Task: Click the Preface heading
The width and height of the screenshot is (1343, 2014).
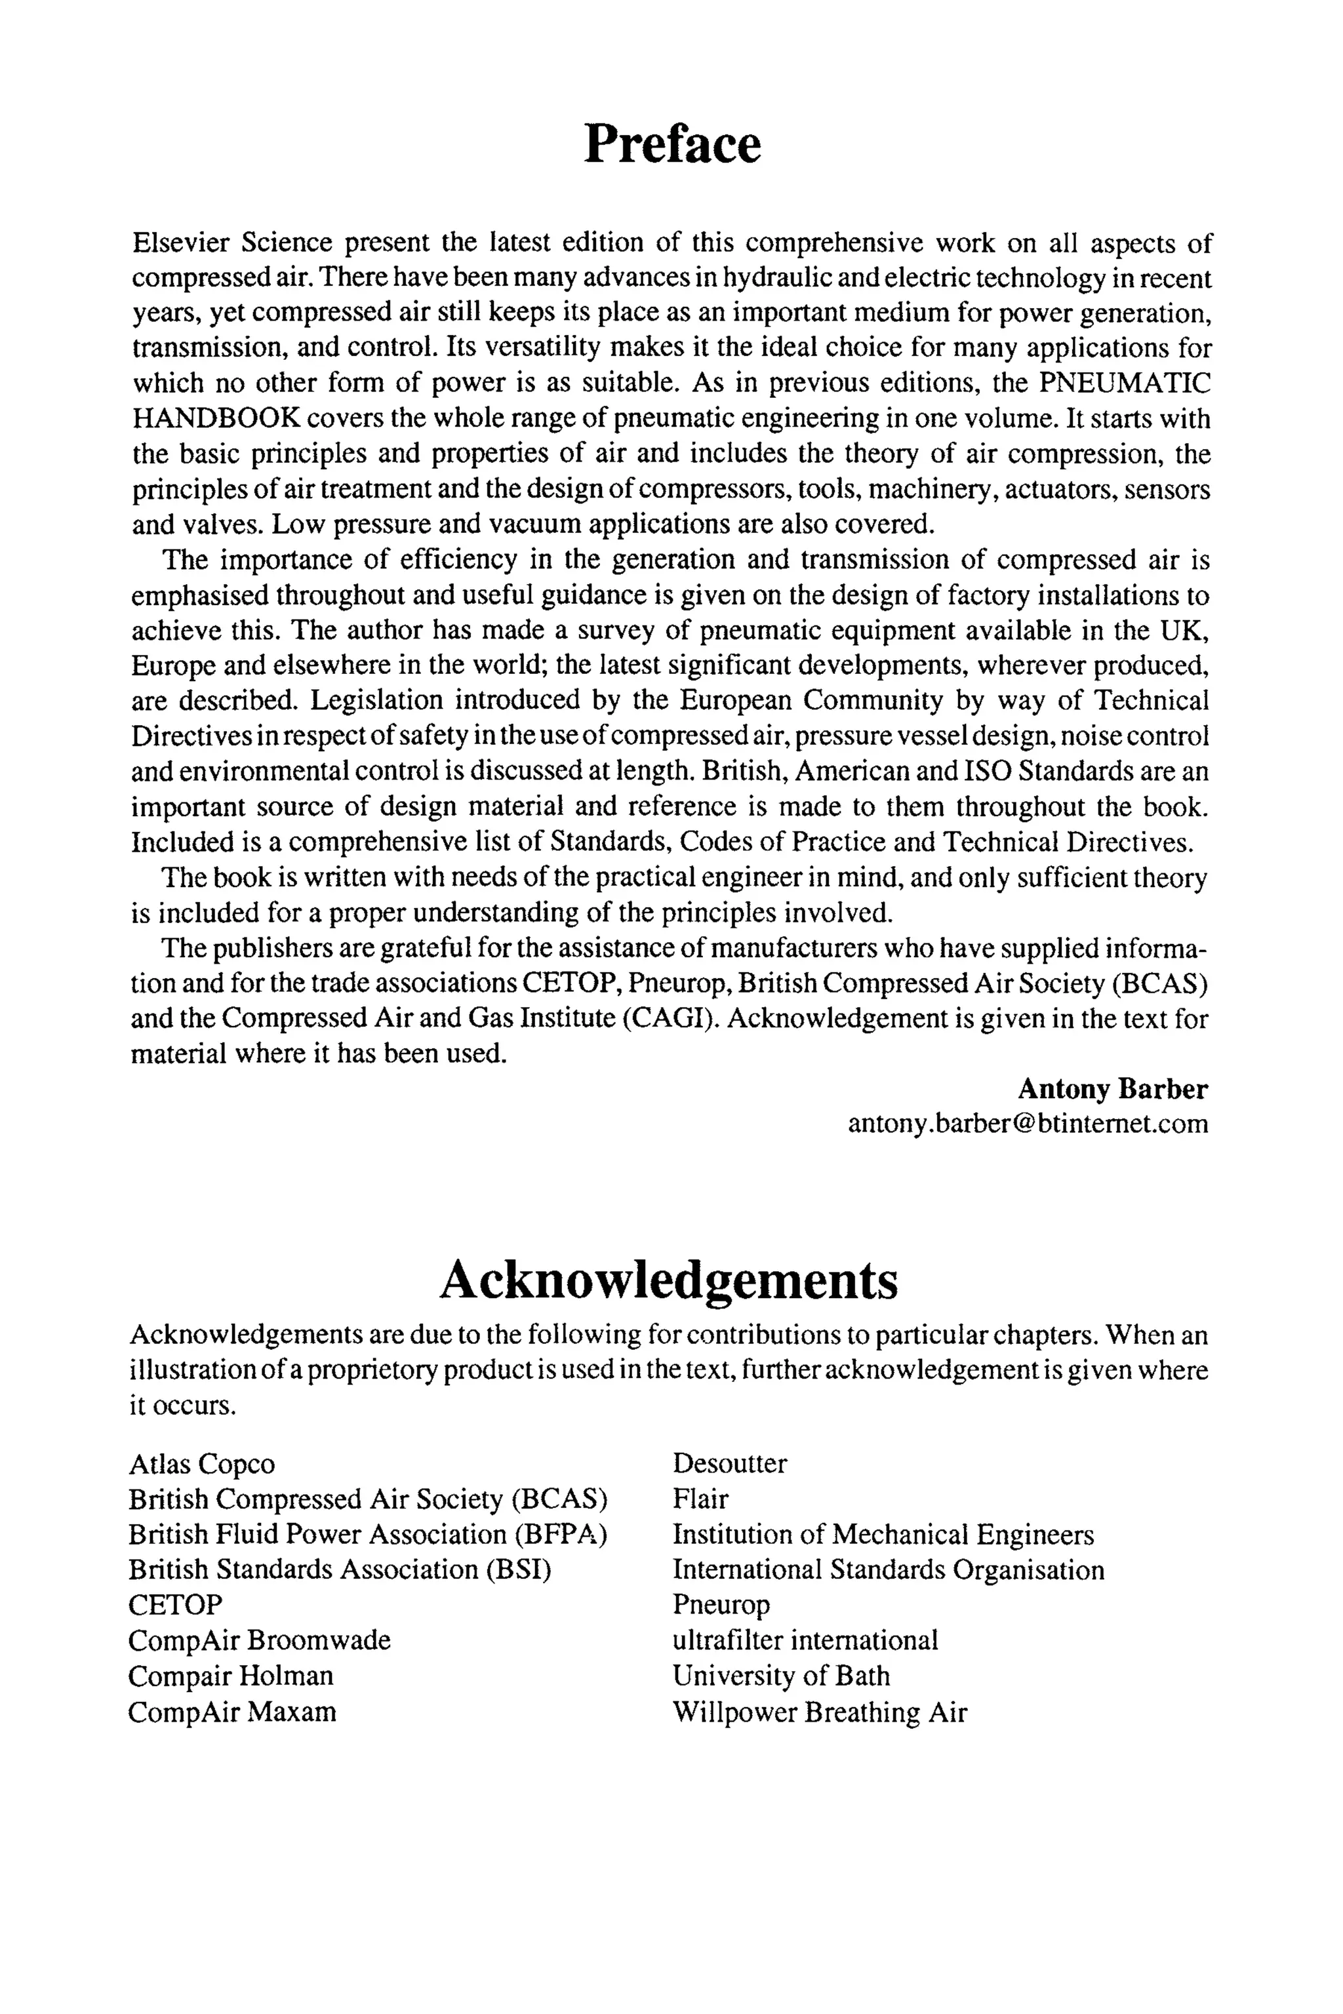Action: pos(671,144)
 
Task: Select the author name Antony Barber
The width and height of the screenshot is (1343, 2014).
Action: pos(1113,1089)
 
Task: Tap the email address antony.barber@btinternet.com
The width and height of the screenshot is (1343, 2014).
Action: pos(1028,1124)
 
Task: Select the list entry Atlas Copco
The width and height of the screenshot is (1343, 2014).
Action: pos(202,1464)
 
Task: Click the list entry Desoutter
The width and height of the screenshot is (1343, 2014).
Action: pos(729,1463)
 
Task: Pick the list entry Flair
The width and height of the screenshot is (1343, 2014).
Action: pos(700,1499)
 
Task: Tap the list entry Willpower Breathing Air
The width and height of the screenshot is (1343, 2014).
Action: pos(819,1712)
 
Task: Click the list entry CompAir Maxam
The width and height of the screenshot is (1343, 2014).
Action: pos(232,1712)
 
